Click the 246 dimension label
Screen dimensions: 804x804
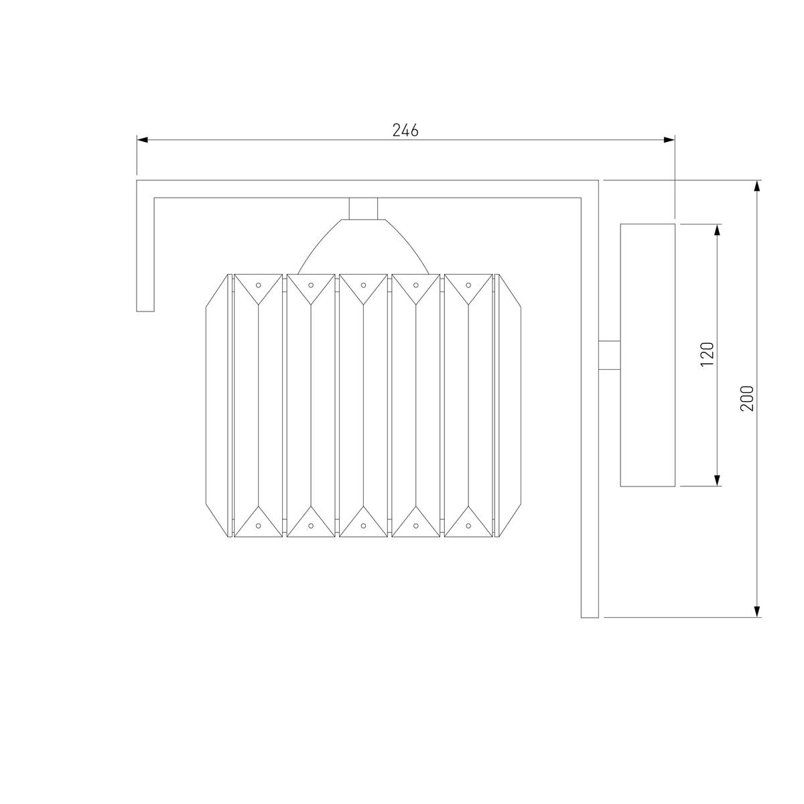[405, 131]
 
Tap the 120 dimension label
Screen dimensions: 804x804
[708, 354]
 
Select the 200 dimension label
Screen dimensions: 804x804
[747, 399]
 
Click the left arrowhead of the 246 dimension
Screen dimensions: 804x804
[142, 140]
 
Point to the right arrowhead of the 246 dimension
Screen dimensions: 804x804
[669, 140]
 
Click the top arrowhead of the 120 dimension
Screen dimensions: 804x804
[717, 230]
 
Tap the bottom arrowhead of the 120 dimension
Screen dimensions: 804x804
[717, 480]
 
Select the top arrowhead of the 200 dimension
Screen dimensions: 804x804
[758, 186]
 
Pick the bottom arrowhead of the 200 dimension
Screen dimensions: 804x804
[758, 611]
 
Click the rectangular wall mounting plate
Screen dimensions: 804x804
[647, 355]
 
